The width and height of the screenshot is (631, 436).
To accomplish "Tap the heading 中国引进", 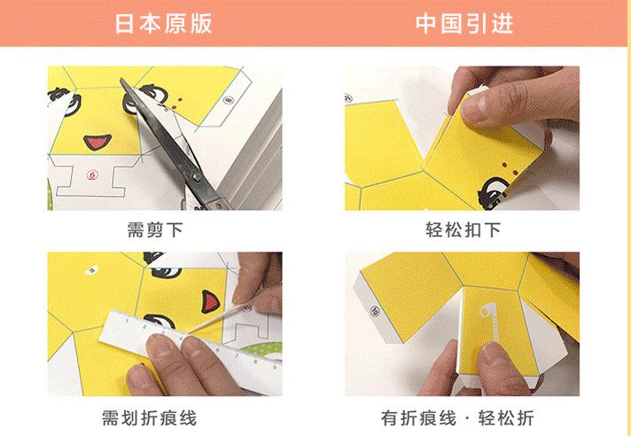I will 464,23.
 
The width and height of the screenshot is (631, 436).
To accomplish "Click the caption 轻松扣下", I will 463,230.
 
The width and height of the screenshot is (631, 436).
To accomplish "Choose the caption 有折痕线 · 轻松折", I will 463,417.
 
